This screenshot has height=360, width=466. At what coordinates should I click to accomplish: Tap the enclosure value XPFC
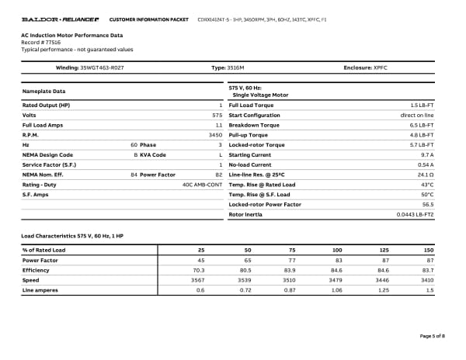coord(379,68)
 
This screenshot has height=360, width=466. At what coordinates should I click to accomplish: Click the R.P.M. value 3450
coord(216,135)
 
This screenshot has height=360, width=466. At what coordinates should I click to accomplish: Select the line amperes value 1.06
coord(336,290)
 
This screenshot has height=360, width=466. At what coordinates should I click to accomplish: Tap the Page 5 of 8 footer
coord(432,336)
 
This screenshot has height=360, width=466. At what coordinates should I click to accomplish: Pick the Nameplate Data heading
coord(44,92)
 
